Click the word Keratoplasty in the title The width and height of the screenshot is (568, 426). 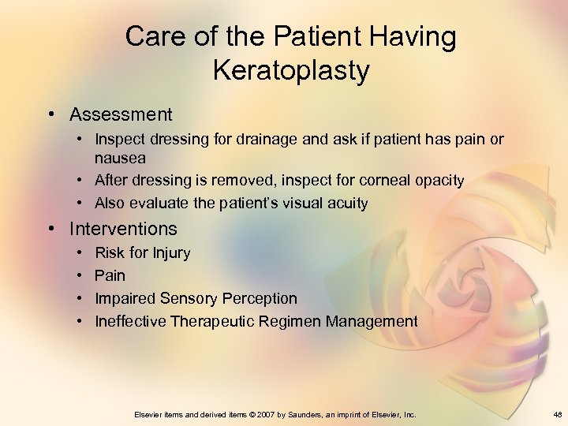pos(290,71)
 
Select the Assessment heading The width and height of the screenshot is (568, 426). pos(121,114)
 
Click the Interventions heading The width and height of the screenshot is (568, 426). pos(123,229)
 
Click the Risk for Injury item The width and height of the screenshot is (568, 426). pos(142,253)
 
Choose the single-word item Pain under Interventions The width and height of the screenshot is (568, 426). pos(110,276)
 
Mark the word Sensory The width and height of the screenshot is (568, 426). pos(189,299)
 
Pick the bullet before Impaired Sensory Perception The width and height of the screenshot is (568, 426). pos(82,299)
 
